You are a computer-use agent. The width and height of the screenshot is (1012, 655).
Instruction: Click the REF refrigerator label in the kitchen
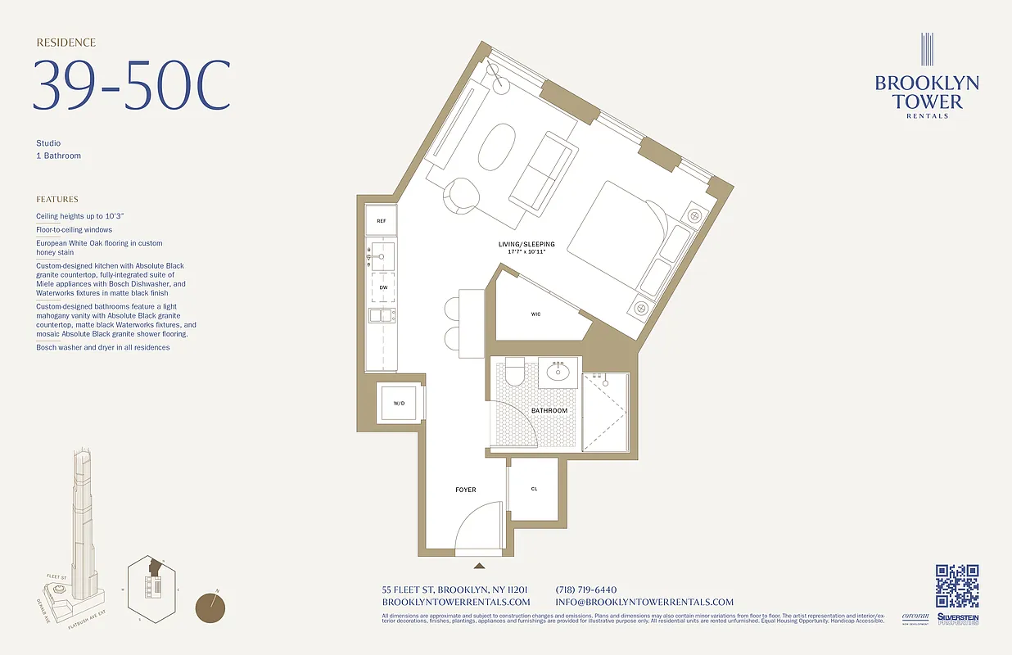pos(382,221)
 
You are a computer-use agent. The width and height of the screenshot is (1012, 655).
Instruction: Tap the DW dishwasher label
pos(382,287)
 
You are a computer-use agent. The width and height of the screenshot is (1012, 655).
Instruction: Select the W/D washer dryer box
pos(399,402)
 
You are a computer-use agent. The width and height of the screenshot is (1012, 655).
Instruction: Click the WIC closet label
pos(535,314)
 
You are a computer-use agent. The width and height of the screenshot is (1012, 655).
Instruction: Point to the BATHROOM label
pos(549,410)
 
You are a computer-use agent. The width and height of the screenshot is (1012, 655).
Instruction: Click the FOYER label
pos(466,490)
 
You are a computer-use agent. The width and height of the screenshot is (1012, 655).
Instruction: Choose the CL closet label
pos(534,489)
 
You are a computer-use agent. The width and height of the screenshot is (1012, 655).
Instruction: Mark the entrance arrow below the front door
pos(480,564)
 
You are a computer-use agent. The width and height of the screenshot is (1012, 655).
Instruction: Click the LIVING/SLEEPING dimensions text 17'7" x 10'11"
pos(526,251)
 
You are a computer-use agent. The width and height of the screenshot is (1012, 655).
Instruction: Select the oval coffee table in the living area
pos(496,147)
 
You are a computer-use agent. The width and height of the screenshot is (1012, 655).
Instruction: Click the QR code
pos(957,586)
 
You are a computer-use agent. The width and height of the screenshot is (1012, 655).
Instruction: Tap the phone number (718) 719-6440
pos(585,589)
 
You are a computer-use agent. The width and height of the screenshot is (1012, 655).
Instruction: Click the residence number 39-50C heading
pos(131,85)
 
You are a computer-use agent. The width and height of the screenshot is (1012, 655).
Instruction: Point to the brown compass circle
pos(212,608)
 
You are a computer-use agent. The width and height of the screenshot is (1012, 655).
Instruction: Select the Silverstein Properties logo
pos(958,620)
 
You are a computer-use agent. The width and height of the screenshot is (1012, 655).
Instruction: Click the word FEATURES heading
pos(57,199)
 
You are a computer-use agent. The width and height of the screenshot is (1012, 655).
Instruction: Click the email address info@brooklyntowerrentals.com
pos(644,602)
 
